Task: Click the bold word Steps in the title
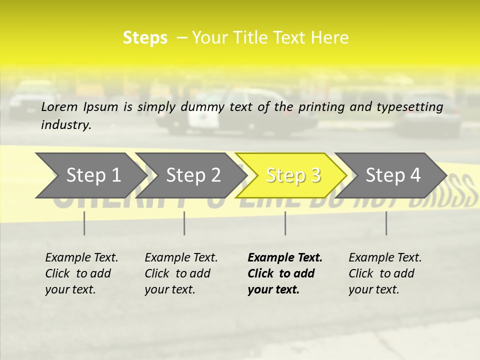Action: pyautogui.click(x=145, y=38)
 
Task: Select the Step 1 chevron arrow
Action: pyautogui.click(x=90, y=175)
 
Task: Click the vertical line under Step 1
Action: pyautogui.click(x=84, y=223)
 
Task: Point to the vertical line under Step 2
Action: pyautogui.click(x=184, y=223)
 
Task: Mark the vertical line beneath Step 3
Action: pyautogui.click(x=285, y=223)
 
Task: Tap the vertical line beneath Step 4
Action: pyautogui.click(x=386, y=223)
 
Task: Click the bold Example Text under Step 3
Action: pyautogui.click(x=285, y=258)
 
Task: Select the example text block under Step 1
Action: pyautogui.click(x=81, y=273)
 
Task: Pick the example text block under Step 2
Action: pyautogui.click(x=181, y=273)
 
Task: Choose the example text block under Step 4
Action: pyautogui.click(x=385, y=273)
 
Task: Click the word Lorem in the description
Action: pyautogui.click(x=59, y=107)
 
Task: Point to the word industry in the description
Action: pyautogui.click(x=66, y=125)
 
